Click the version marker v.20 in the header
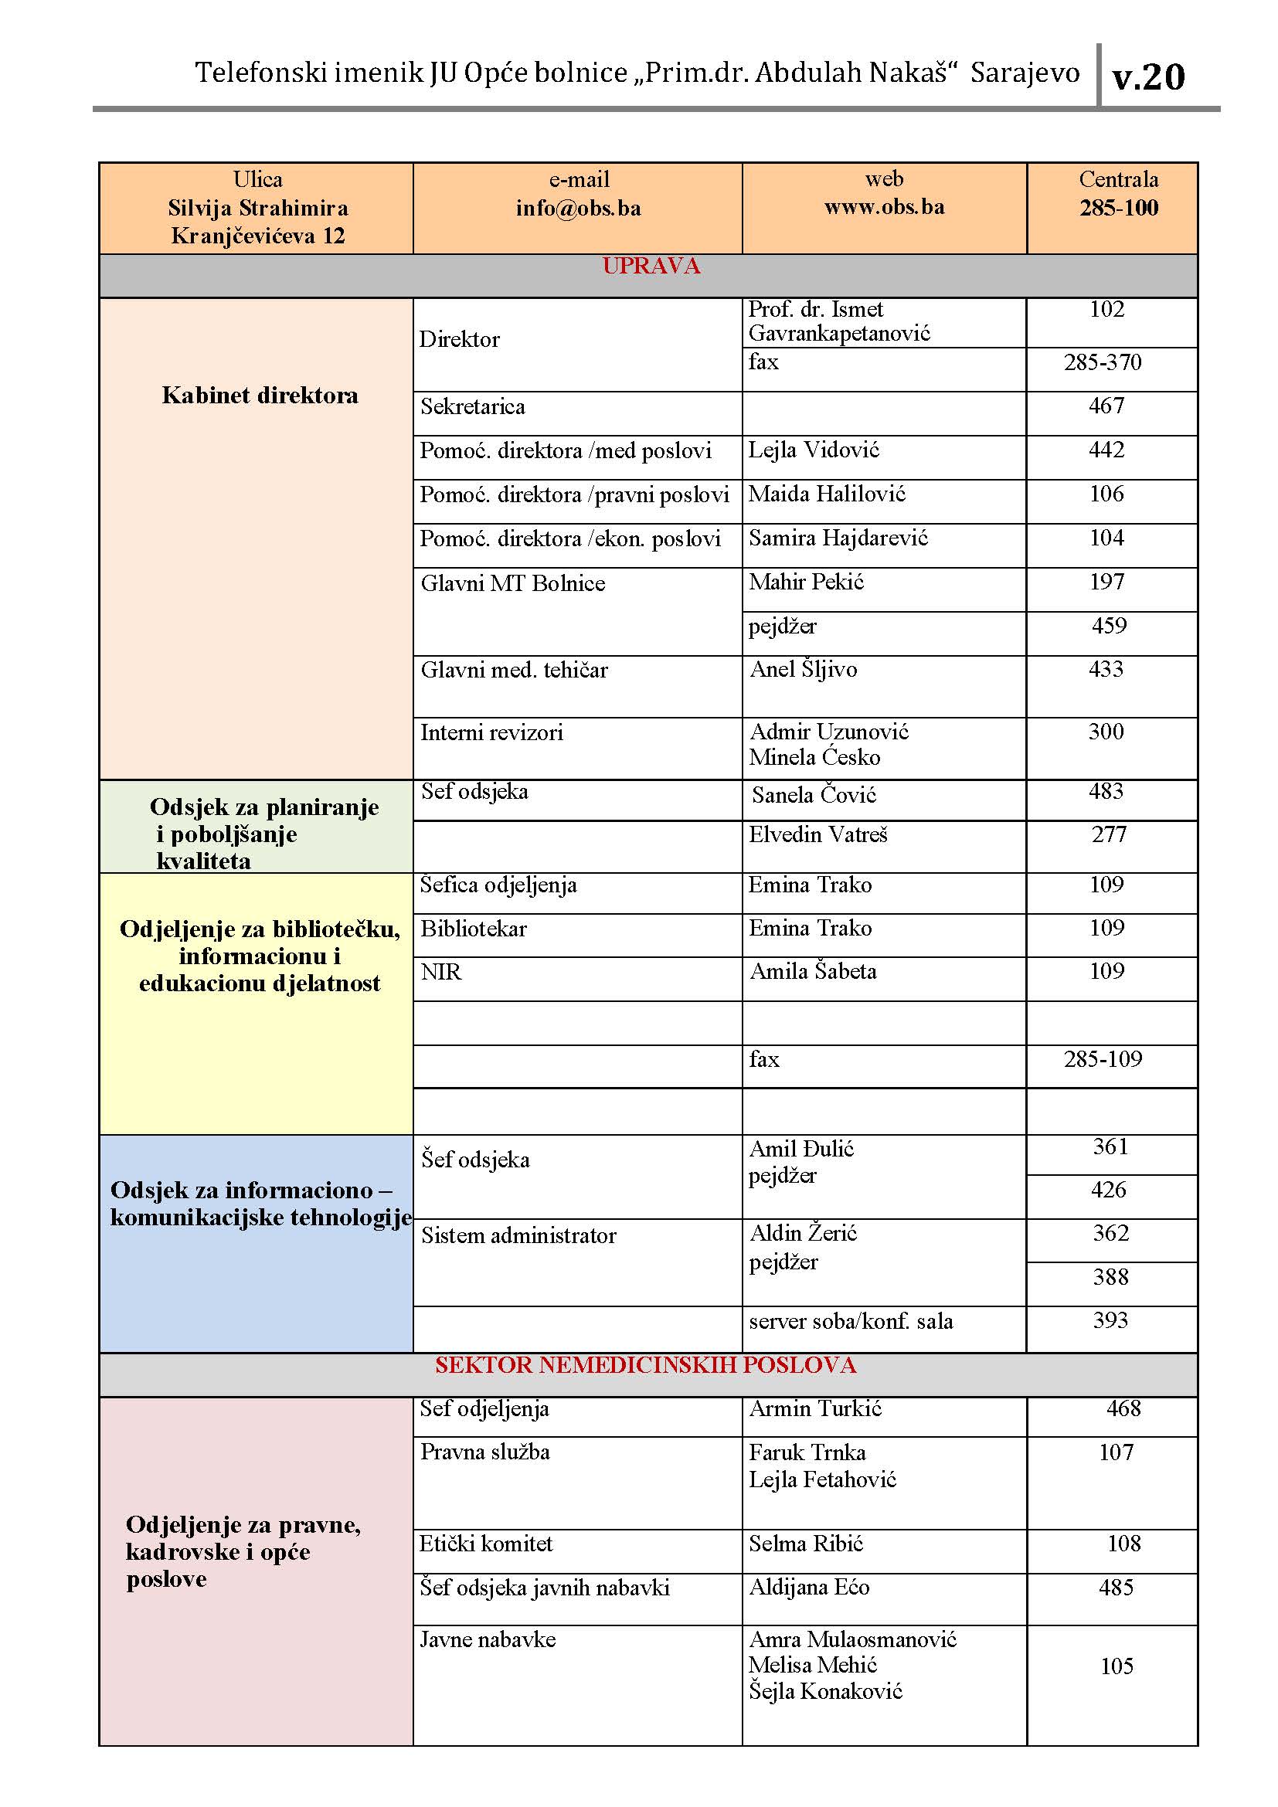point(1147,77)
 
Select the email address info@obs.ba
point(579,208)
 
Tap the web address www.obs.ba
point(884,207)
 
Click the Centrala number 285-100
point(1118,208)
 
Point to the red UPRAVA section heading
point(651,266)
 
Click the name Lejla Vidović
point(814,450)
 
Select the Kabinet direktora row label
point(260,395)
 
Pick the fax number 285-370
point(1103,363)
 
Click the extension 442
point(1106,450)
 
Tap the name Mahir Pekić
point(807,583)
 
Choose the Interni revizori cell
point(492,732)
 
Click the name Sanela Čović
point(814,795)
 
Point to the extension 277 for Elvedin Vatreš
point(1109,834)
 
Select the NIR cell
point(440,973)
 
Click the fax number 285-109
point(1103,1059)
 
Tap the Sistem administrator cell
point(518,1235)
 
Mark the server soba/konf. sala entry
point(851,1321)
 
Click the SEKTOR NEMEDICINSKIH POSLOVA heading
point(645,1365)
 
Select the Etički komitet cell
point(485,1544)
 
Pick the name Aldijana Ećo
point(809,1588)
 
